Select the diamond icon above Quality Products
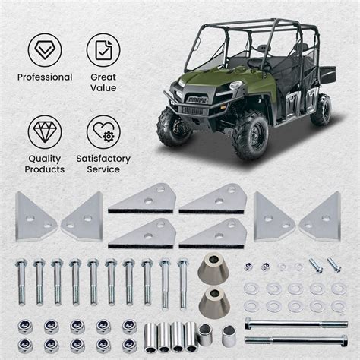coord(46,131)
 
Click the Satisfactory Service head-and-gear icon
coord(103,131)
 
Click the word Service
coord(103,169)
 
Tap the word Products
coord(45,169)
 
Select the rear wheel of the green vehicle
coord(321,109)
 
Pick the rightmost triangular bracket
coord(321,215)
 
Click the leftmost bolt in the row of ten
coord(21,281)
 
